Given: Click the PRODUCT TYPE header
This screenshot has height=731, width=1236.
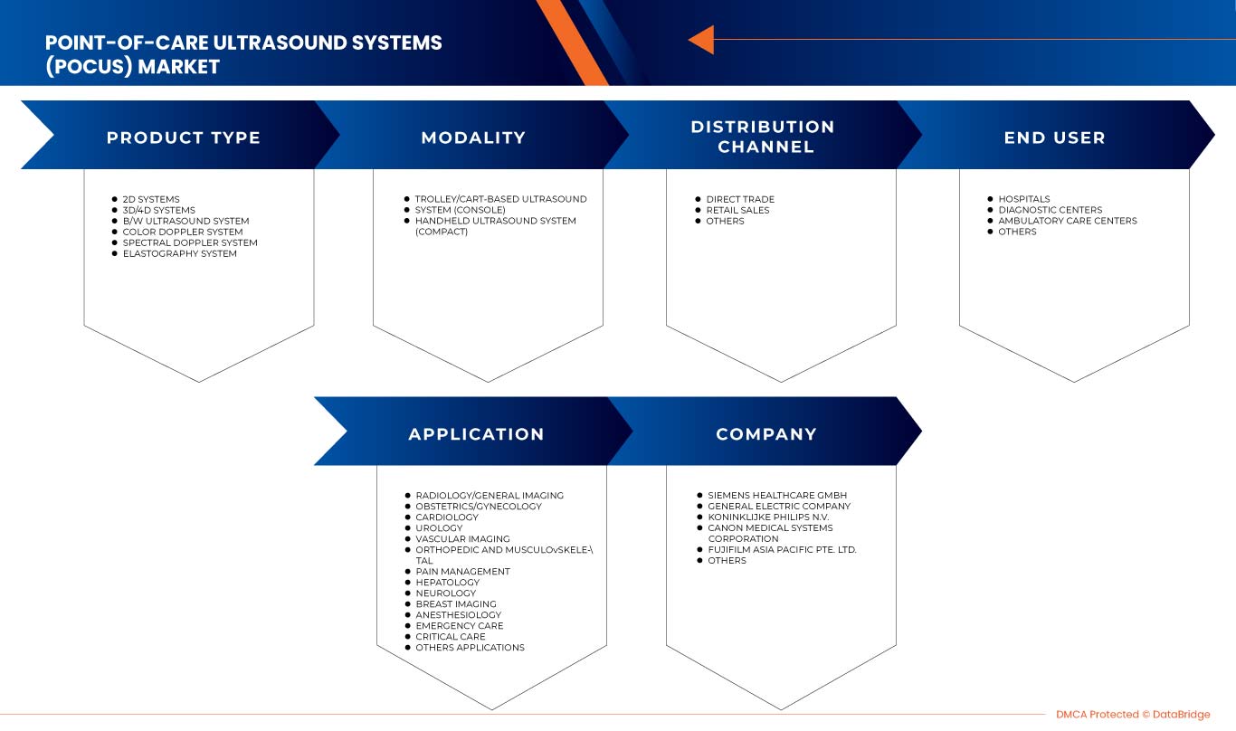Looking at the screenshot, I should click(184, 138).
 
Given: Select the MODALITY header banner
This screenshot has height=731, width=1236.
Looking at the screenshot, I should click(473, 138).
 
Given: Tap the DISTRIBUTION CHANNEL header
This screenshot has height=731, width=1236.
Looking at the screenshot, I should click(763, 137).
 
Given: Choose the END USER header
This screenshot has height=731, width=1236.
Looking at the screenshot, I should click(1054, 138).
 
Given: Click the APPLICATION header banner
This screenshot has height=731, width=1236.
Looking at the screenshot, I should click(476, 434).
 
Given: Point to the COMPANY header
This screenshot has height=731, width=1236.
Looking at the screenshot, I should click(766, 434).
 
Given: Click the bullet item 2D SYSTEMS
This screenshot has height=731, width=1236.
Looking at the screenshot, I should click(151, 199).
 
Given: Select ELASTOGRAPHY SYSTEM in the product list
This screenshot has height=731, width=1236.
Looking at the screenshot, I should click(179, 253).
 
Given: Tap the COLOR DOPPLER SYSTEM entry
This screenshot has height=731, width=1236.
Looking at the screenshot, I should click(183, 232).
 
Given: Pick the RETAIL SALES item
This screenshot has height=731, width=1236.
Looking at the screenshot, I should click(737, 210).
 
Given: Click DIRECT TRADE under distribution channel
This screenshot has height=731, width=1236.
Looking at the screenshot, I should click(740, 199).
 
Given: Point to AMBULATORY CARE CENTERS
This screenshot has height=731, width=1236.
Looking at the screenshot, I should click(1067, 221).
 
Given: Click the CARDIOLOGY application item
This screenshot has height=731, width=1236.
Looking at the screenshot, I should click(447, 517).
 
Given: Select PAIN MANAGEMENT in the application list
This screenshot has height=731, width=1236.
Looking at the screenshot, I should click(462, 572).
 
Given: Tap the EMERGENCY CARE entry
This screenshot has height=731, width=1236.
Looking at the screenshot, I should click(459, 626).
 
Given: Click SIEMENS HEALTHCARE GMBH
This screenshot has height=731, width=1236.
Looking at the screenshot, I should click(777, 496).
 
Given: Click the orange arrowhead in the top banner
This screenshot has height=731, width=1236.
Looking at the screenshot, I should click(701, 40).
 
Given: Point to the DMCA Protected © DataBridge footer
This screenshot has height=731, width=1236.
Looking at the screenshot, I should click(1133, 715).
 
